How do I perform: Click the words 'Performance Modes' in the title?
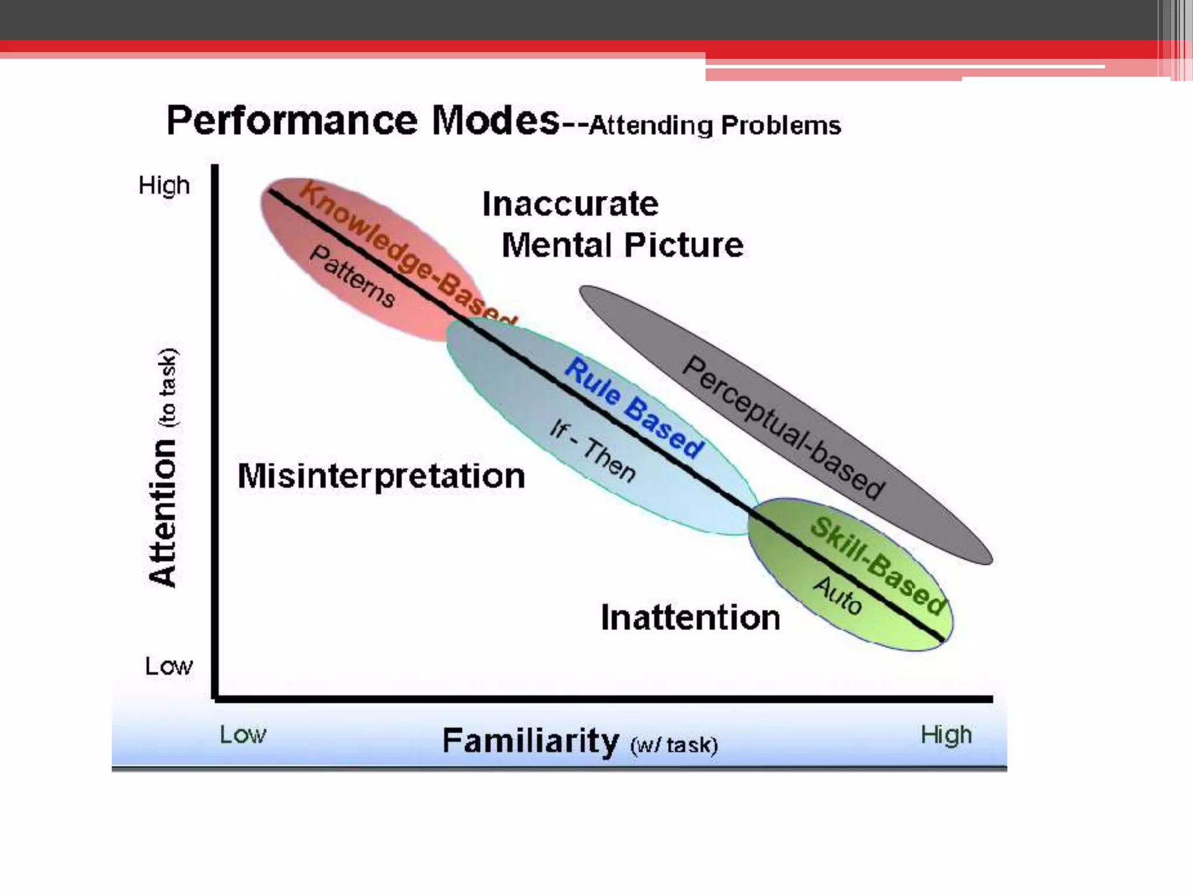point(362,121)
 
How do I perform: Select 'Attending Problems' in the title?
point(715,125)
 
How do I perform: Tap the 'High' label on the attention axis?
point(164,186)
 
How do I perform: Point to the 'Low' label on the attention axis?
point(168,666)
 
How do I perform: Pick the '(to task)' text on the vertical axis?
point(167,387)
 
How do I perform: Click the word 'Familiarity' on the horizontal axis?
point(530,741)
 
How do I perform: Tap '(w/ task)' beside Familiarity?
point(674,745)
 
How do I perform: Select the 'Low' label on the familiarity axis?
point(242,735)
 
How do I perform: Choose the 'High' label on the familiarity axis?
point(946,735)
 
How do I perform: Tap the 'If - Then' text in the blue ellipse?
point(592,451)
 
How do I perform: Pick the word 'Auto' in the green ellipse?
point(838,595)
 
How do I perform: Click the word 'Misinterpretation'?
point(382,476)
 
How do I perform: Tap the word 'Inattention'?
point(690,618)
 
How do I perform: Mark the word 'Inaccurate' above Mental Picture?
point(570,204)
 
